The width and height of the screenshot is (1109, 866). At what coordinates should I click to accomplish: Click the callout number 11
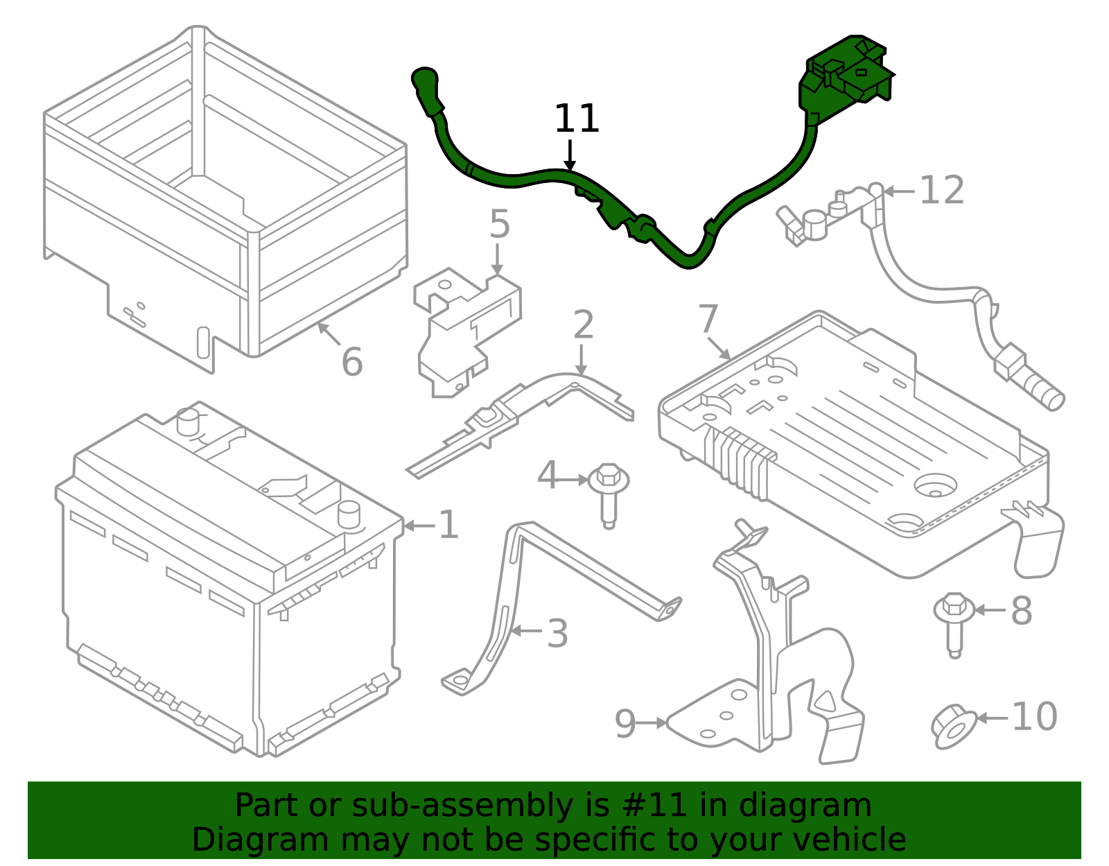coord(576,119)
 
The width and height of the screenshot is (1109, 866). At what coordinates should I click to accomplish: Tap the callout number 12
coord(941,190)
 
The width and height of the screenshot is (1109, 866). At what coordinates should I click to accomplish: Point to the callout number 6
coord(351,362)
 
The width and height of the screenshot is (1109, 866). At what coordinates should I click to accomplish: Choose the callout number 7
coord(708,319)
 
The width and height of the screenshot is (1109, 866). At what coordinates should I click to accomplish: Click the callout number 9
coord(625,724)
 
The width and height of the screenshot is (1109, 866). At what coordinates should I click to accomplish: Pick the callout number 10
coord(1034,716)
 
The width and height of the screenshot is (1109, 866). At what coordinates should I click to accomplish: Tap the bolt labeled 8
coord(954,625)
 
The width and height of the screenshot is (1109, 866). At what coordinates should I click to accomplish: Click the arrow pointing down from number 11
coord(570,155)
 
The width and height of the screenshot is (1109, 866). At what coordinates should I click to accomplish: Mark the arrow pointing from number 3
coord(526,631)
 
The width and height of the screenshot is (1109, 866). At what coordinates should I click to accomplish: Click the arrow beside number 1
coord(419,525)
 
